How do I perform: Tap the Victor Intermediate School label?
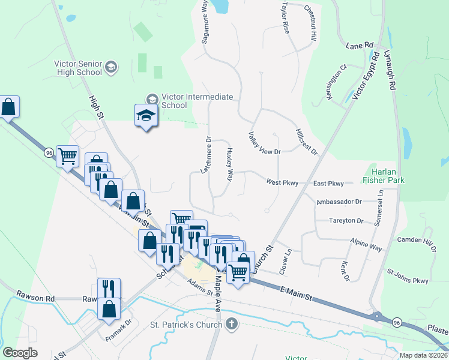tap(175, 100)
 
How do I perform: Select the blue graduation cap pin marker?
tap(145, 115)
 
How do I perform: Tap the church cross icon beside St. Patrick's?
tap(232, 325)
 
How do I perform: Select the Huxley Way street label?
tap(229, 163)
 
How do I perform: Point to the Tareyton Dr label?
tap(346, 221)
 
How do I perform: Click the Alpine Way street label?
tap(366, 244)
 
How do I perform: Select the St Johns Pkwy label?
tap(408, 276)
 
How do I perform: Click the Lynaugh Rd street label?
tap(391, 71)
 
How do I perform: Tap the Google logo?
tap(20, 353)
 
